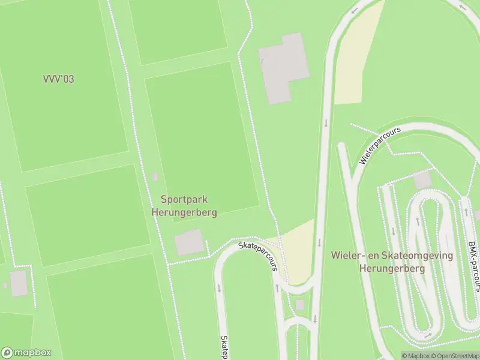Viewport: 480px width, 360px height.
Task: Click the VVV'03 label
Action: point(58,79)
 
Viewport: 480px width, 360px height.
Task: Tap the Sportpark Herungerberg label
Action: point(184,206)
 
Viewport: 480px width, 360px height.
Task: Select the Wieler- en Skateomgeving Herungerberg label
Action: point(392,262)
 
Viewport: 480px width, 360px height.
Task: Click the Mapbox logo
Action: point(26,353)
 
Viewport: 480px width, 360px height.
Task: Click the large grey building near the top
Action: point(284,67)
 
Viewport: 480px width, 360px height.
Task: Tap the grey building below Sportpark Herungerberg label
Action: point(189,242)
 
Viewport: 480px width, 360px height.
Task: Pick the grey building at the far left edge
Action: point(18,283)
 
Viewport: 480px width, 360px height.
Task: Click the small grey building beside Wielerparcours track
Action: point(422,179)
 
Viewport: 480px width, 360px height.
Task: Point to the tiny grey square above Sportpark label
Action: point(155,176)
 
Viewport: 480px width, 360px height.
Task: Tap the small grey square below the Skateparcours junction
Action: point(300,305)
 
